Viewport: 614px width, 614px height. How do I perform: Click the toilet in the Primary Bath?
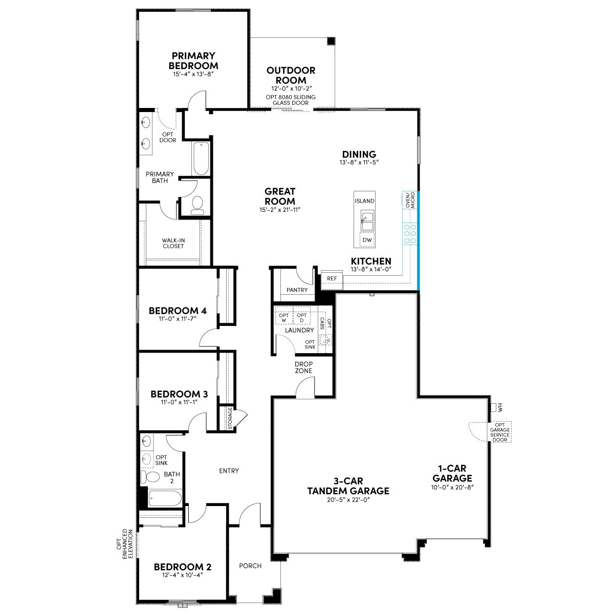point(197,205)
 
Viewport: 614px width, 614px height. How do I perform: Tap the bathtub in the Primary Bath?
point(201,158)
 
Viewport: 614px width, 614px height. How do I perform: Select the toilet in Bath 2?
point(150,476)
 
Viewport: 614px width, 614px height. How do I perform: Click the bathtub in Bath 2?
point(165,498)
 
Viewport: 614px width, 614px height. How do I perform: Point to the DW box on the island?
point(367,240)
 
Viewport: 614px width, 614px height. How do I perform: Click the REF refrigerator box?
point(332,279)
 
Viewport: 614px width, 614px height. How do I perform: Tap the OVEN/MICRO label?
point(410,200)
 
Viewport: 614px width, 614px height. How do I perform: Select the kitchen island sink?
point(367,220)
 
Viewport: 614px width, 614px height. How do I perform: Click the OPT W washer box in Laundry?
point(283,318)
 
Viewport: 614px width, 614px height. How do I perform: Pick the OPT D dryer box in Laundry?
point(301,318)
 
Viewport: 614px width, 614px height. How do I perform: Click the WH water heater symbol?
point(494,407)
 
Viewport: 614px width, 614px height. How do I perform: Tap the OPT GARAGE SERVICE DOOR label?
point(499,432)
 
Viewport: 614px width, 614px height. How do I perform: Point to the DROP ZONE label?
point(303,367)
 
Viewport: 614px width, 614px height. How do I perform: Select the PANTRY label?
point(297,290)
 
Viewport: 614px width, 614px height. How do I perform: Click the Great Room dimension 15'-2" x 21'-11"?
point(280,210)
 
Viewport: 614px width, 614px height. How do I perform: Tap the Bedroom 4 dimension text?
point(178,318)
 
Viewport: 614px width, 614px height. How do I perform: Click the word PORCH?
point(250,566)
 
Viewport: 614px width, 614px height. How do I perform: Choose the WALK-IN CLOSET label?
point(173,243)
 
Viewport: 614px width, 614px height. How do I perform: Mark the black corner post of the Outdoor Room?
point(332,41)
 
